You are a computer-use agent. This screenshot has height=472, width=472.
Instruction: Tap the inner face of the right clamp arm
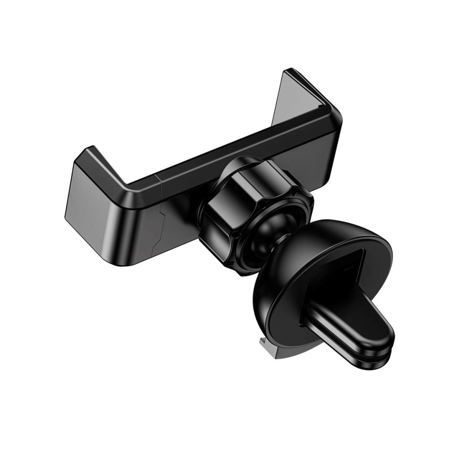302,99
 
